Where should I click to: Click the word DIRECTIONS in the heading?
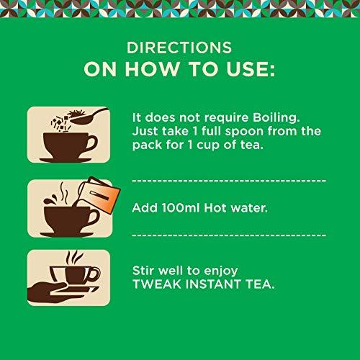tap(180, 50)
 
